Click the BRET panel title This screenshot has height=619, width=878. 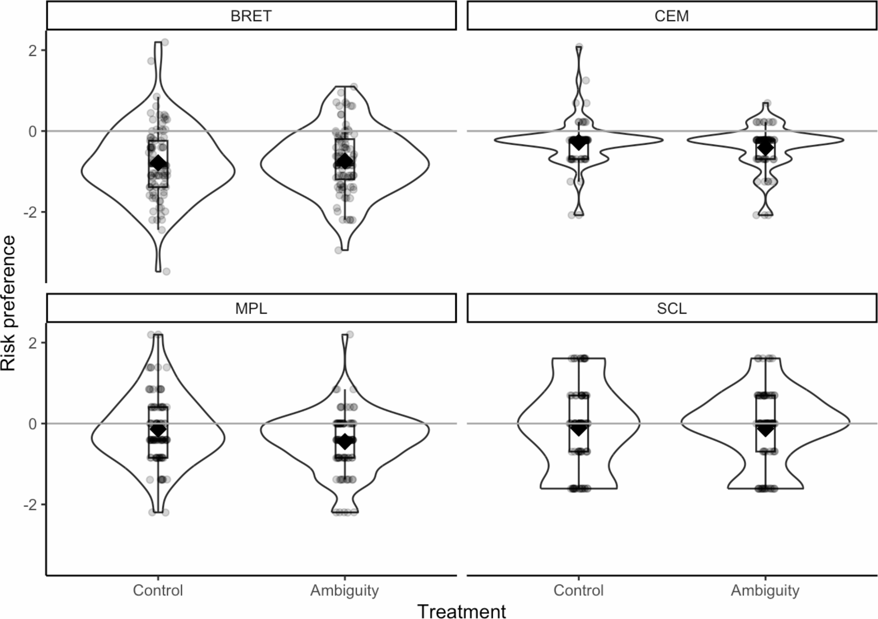251,16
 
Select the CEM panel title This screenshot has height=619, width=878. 672,16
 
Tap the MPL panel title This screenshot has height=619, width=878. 251,308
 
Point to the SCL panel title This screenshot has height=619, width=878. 672,308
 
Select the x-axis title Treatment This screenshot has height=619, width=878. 461,611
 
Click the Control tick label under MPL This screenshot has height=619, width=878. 158,590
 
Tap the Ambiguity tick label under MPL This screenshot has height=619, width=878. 345,590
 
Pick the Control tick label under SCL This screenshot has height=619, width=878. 578,590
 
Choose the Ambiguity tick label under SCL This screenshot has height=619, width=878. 765,590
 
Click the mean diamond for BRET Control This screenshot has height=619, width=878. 158,163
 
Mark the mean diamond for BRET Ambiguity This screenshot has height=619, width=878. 345,161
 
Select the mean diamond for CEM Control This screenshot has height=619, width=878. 579,142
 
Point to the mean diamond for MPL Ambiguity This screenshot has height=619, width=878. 345,441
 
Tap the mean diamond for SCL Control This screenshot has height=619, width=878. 579,428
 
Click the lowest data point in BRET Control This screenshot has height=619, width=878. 166,271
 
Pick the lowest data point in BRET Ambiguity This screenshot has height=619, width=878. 338,250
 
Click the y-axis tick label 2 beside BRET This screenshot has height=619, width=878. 32,50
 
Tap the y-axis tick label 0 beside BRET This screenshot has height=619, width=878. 32,131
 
